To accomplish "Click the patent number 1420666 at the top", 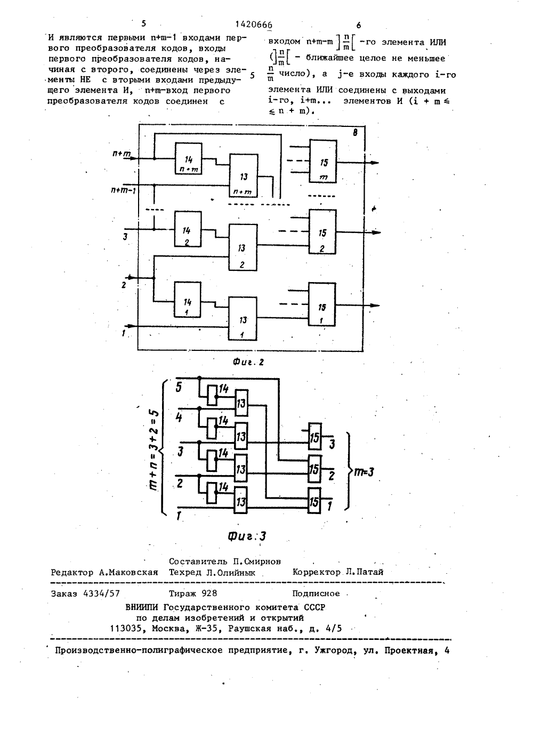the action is (254, 25).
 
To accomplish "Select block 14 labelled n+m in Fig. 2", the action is (189, 158).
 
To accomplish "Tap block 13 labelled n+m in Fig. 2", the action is (244, 176).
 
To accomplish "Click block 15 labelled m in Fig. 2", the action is (323, 162).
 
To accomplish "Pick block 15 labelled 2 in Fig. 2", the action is (322, 232).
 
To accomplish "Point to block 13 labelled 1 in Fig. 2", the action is (243, 318).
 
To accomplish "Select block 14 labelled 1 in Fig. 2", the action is (188, 300).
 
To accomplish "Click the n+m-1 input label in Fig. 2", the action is (124, 191).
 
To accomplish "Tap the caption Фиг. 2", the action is (248, 362).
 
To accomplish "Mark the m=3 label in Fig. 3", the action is (363, 472).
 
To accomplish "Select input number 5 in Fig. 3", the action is (179, 388).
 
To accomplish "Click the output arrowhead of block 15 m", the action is (375, 163).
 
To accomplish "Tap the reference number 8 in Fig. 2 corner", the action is (355, 133).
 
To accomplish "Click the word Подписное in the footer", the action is (316, 593).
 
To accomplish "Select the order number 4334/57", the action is (101, 593).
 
